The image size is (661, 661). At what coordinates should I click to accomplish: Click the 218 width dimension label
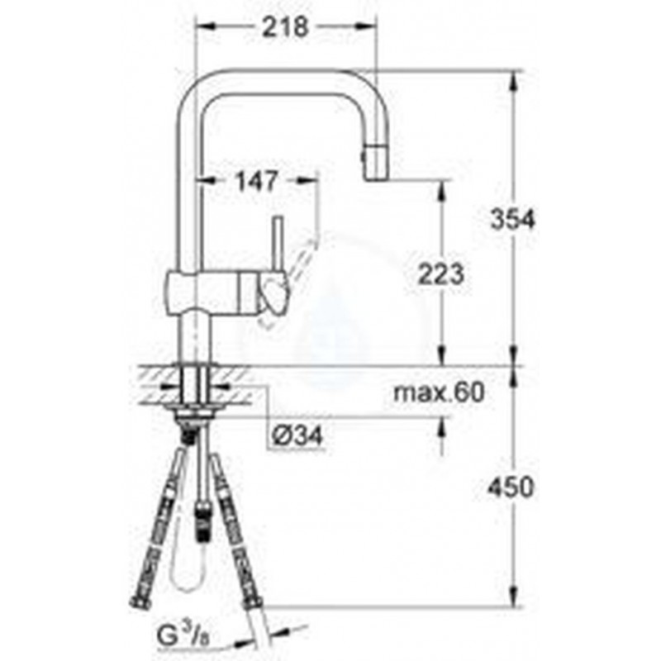[286, 27]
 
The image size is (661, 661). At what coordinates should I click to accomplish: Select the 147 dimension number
[257, 181]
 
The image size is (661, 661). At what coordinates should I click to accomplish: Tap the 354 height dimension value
[512, 220]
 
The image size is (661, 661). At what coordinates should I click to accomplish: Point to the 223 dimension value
[441, 273]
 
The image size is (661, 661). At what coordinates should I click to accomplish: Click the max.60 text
[439, 392]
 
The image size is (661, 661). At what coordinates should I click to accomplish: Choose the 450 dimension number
[511, 487]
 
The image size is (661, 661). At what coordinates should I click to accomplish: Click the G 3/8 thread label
[183, 635]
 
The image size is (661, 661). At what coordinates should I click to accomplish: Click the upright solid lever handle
[278, 246]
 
